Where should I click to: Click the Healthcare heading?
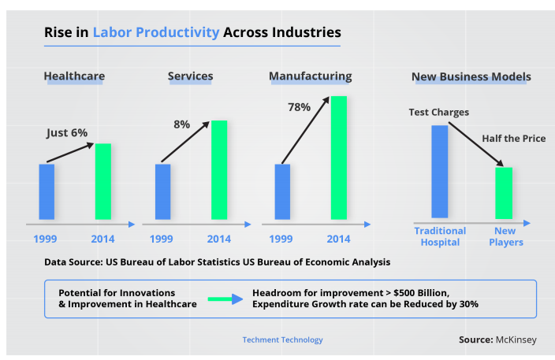click(74, 76)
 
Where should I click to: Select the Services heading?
click(190, 76)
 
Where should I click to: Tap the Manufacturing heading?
click(310, 76)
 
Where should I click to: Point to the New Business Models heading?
click(471, 76)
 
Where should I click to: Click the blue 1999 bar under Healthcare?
click(47, 191)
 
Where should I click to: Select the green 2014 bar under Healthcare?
click(103, 181)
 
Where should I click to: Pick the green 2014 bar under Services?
click(219, 170)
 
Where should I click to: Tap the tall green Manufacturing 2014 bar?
click(339, 158)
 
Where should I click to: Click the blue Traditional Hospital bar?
click(439, 171)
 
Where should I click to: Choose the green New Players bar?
click(504, 193)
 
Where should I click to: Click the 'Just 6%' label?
click(67, 132)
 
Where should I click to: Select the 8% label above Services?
click(181, 124)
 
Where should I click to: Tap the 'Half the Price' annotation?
click(513, 139)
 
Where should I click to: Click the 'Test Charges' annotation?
click(438, 112)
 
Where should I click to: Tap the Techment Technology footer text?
click(282, 340)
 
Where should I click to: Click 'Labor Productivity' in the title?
click(155, 33)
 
